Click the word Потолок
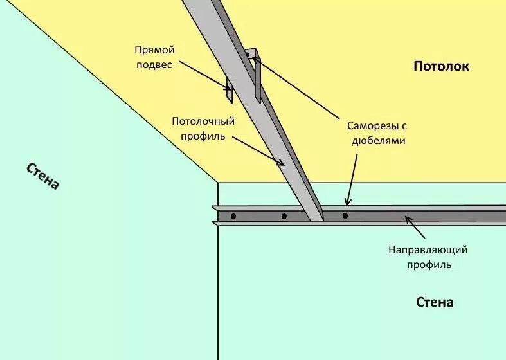click(x=441, y=66)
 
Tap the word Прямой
click(x=154, y=50)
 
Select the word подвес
click(x=154, y=64)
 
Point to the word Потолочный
click(x=203, y=121)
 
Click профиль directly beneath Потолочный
click(x=203, y=136)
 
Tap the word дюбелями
click(x=378, y=140)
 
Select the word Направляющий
click(x=428, y=249)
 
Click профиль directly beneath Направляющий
click(x=428, y=264)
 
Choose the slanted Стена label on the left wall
click(x=43, y=175)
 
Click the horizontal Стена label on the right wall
click(x=435, y=302)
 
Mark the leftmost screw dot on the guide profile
click(x=233, y=216)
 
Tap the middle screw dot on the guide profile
click(x=284, y=216)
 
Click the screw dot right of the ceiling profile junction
click(x=345, y=215)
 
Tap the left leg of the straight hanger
click(x=228, y=90)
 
